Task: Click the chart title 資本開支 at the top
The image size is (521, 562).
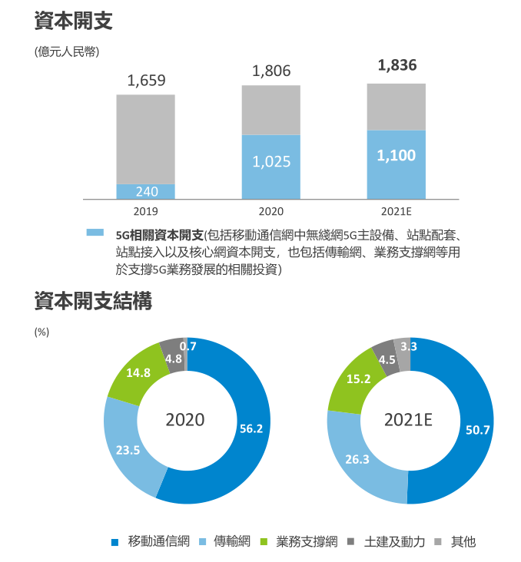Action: [74, 21]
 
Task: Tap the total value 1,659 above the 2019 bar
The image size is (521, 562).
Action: [146, 81]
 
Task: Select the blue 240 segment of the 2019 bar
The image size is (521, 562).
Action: [146, 191]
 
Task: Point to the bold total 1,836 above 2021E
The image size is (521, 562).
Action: [397, 65]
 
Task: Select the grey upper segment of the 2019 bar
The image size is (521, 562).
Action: [146, 138]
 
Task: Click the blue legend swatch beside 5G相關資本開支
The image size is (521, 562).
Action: [95, 232]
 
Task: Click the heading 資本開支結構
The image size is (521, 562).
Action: [93, 302]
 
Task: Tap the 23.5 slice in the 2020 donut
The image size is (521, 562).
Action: [128, 451]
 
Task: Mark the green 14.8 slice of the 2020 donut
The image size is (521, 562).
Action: [138, 373]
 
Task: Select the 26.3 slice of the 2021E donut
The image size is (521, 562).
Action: [357, 460]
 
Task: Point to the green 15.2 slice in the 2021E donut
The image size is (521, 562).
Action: [359, 379]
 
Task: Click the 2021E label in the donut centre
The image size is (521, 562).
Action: [409, 420]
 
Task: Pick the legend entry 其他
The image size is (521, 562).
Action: [463, 541]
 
